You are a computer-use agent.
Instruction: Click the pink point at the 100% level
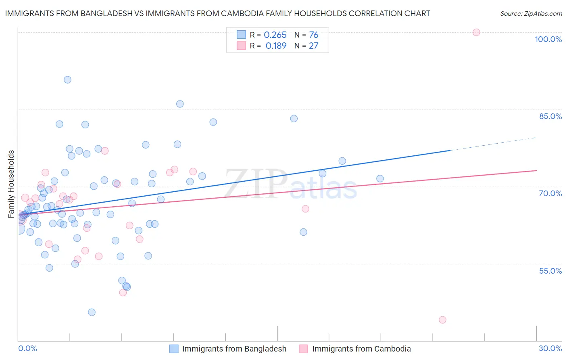pos(476,32)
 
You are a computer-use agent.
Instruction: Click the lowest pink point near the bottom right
pos(442,320)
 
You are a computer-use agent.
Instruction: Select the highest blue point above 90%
pos(67,80)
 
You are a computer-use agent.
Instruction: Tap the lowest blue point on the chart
pos(92,312)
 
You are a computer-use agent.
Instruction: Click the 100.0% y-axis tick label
pos(548,39)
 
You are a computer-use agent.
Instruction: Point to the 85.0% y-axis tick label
pos(550,116)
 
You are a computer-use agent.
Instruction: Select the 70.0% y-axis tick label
pos(550,193)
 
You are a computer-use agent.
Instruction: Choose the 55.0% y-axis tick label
pos(550,271)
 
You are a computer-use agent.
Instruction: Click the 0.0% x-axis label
pos(27,348)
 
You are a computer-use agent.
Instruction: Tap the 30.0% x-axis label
pos(550,348)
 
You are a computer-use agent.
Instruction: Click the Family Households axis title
pos(11,184)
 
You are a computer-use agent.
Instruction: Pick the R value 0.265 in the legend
pos(275,35)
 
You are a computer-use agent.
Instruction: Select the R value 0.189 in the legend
pos(276,46)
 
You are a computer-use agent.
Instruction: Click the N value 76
pos(314,35)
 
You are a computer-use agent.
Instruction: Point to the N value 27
pos(314,46)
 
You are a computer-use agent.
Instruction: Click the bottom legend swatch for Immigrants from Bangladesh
pos(174,349)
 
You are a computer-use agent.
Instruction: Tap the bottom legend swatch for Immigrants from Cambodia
pos(303,349)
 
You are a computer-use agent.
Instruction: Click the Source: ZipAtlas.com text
pos(531,14)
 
